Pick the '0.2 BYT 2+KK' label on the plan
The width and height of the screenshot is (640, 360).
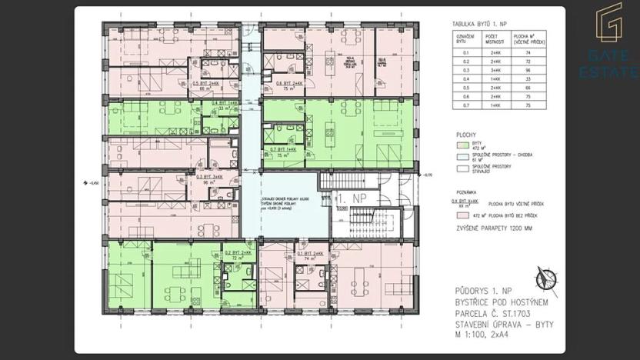(237, 253)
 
